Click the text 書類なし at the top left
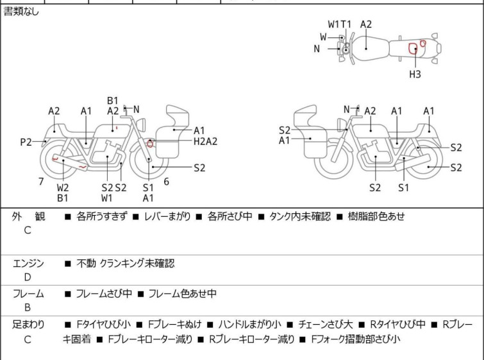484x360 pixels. coord(21,12)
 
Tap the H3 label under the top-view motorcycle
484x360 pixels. coord(415,74)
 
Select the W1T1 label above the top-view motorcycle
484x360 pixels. coord(340,24)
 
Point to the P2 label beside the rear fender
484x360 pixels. coord(26,142)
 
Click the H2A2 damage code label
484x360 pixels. coord(205,142)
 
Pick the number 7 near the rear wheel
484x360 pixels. coord(41,182)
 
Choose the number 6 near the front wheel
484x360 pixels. coord(166,182)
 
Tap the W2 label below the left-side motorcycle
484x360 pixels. coord(63,187)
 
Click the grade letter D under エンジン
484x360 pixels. coord(28,277)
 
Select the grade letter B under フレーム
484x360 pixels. coord(28,307)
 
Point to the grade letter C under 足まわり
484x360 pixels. coord(28,339)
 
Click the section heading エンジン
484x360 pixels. coord(29,264)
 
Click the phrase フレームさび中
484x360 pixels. coord(104,294)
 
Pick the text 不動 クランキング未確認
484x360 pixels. coord(125,264)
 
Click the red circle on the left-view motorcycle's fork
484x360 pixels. coord(150,143)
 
